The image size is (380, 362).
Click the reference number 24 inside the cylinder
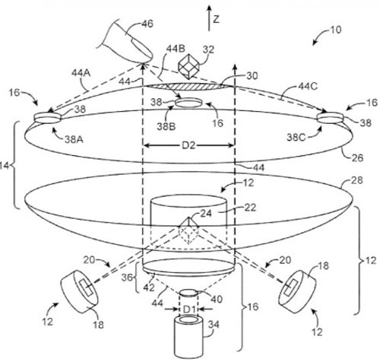186,214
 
